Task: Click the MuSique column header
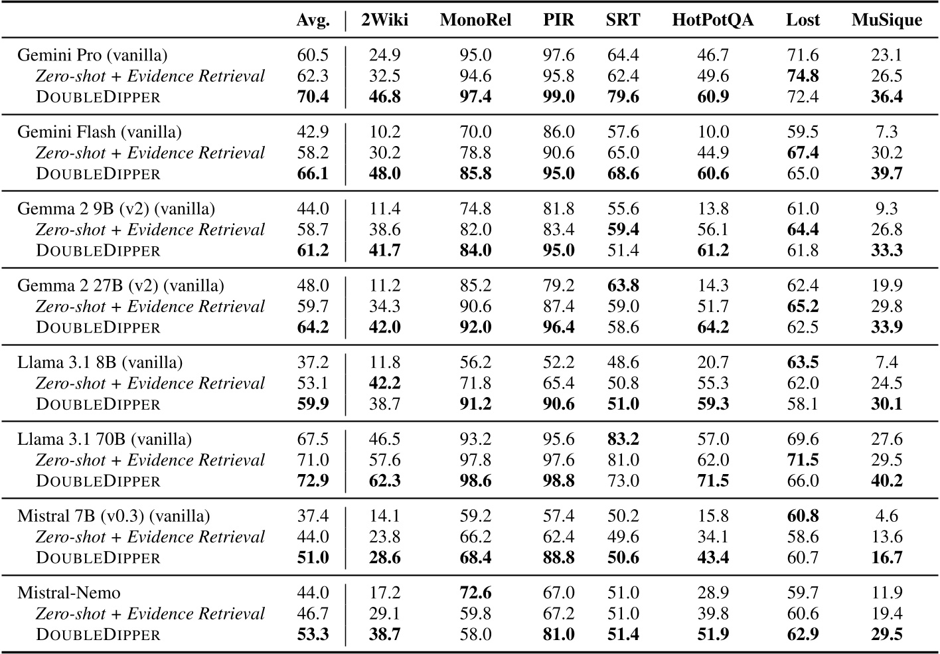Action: [886, 20]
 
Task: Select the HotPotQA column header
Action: [712, 20]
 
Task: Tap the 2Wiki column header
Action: [384, 20]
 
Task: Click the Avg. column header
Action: [313, 20]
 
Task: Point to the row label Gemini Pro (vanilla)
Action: [92, 54]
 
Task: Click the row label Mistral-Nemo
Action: [69, 592]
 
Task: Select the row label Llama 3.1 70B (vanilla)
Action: [104, 439]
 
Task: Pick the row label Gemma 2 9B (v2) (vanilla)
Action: [116, 208]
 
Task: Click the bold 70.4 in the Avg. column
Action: [313, 97]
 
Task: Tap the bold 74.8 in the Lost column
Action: [803, 76]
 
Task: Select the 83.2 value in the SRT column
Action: [623, 439]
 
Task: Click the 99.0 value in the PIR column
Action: [558, 97]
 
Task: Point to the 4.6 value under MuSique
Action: [886, 516]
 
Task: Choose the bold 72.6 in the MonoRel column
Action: [475, 592]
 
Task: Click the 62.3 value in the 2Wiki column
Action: [384, 481]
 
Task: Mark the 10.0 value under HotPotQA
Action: [713, 131]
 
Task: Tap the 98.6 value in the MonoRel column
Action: [475, 481]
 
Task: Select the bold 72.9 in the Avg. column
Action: [313, 481]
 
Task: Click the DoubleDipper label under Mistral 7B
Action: [98, 558]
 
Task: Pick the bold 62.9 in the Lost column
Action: [803, 635]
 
